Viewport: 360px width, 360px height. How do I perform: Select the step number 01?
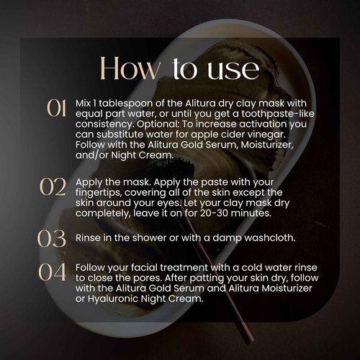(57, 108)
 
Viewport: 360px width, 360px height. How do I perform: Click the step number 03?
(57, 238)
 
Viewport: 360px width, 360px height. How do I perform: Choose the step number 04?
(57, 274)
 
